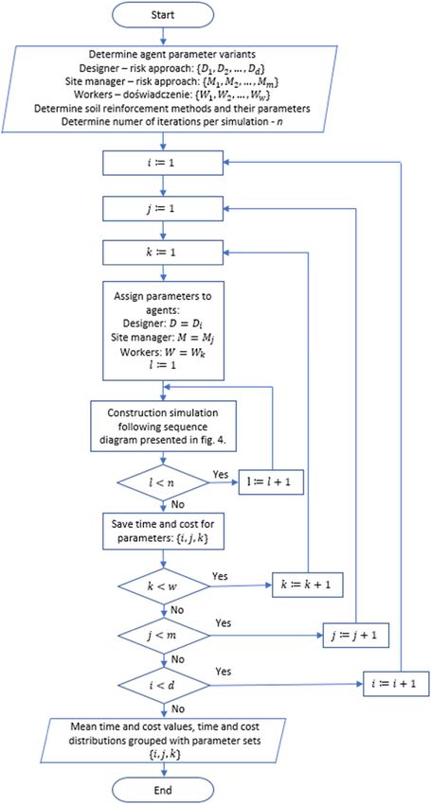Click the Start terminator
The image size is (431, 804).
tap(163, 14)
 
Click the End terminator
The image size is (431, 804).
tap(163, 789)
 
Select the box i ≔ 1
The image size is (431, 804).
tap(163, 165)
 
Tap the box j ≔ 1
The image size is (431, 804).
tap(163, 209)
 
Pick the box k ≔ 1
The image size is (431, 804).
tap(163, 253)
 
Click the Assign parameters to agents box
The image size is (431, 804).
tap(163, 331)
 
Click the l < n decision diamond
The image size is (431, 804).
tap(163, 482)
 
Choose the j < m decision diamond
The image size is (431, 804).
tap(163, 636)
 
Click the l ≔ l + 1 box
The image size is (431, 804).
tap(271, 482)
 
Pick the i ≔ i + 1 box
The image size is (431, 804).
tap(396, 685)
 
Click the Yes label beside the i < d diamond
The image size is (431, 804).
tap(224, 672)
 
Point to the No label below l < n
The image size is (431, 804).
tap(176, 504)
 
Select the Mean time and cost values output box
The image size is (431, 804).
tap(163, 739)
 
